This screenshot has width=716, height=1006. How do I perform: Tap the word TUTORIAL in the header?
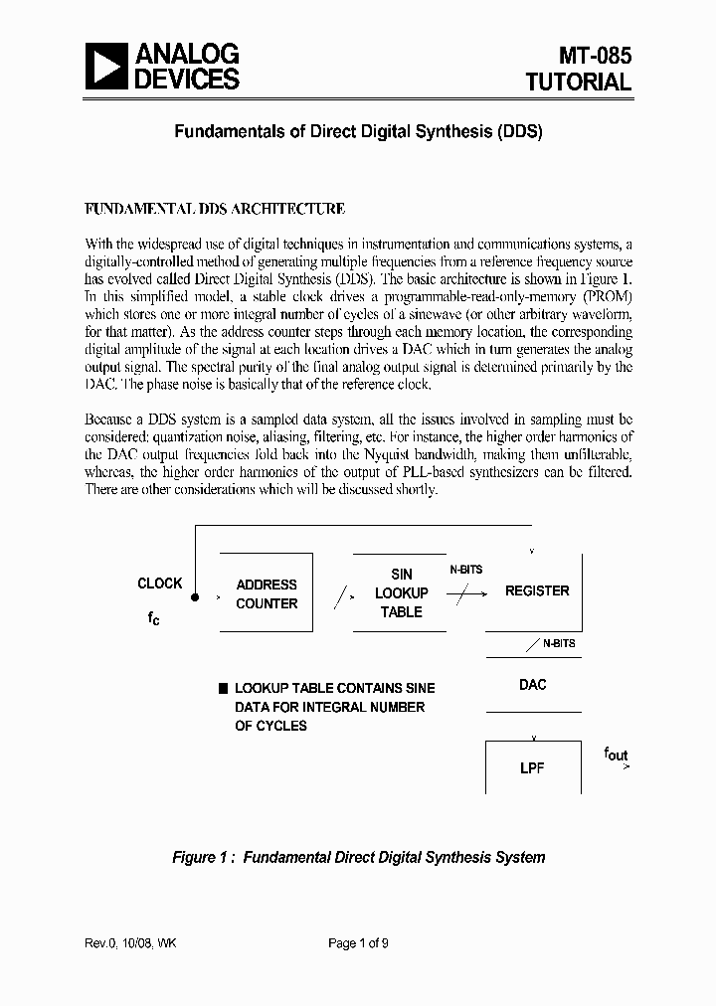click(579, 83)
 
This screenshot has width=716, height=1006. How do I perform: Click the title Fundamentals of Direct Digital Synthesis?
click(359, 130)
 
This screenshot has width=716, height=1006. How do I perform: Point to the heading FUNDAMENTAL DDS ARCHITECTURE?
click(215, 209)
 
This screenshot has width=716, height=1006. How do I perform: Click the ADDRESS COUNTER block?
click(266, 593)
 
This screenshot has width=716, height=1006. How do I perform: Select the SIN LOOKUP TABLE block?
click(401, 592)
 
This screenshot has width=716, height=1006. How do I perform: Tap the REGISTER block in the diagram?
click(537, 590)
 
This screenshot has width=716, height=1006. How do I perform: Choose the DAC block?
click(533, 685)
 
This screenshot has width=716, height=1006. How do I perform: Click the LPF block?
click(533, 768)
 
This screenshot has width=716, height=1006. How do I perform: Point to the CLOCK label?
click(160, 584)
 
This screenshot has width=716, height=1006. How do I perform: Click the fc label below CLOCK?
click(153, 618)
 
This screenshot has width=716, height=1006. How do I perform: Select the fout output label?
click(617, 754)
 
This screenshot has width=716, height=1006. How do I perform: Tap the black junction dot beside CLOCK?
click(195, 596)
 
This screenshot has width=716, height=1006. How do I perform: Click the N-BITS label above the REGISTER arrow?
click(465, 570)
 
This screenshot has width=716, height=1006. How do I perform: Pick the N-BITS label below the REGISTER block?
click(559, 644)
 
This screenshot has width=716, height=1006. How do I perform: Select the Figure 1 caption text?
click(359, 857)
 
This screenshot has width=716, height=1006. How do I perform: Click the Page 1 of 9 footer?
click(358, 943)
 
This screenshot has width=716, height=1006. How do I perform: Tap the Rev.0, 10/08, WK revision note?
click(131, 943)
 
